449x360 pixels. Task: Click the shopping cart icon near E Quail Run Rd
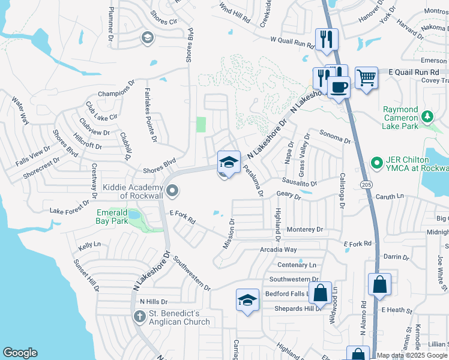click(366, 77)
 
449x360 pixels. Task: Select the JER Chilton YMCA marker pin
click(376, 162)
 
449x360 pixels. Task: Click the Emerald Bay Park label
click(112, 217)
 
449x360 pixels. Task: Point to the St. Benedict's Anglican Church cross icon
click(139, 316)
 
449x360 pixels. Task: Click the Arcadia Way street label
click(278, 249)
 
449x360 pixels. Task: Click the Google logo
click(20, 353)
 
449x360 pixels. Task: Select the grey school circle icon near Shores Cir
click(146, 38)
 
